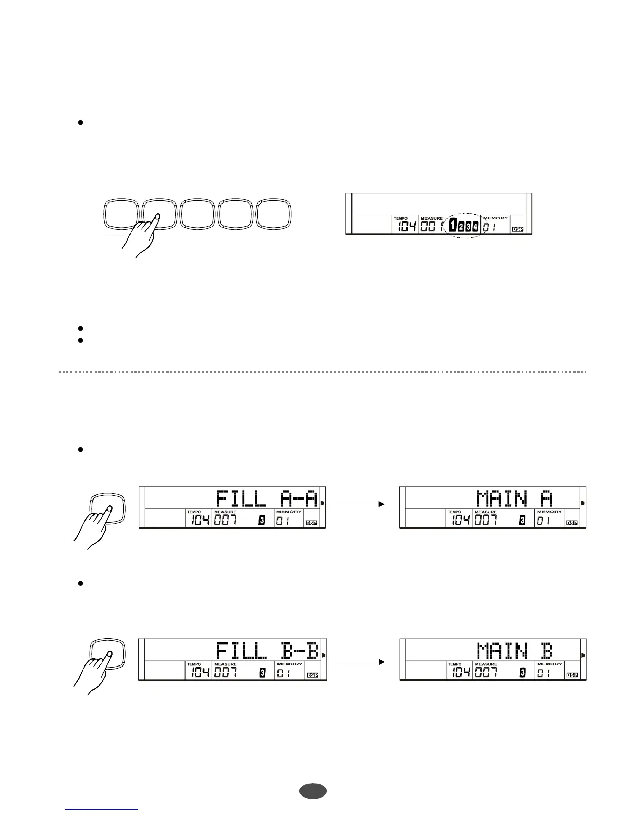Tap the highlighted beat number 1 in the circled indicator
tap(452, 226)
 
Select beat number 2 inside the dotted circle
tap(461, 226)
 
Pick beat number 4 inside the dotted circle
tap(476, 226)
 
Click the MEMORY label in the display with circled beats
tap(495, 218)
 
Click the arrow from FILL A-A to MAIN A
tap(360, 504)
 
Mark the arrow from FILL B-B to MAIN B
tap(360, 662)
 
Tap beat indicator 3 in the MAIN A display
tap(522, 521)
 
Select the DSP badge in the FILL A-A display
tap(311, 523)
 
